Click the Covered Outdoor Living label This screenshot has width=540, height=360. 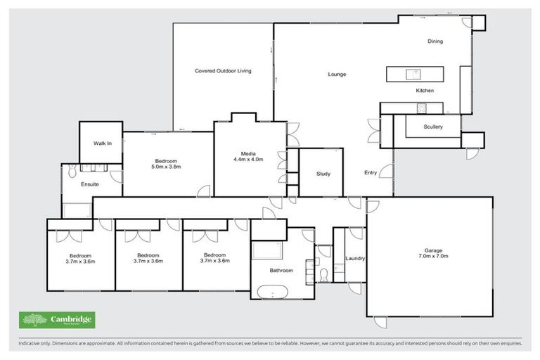[x=223, y=71]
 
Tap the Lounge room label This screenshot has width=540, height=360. [x=336, y=74]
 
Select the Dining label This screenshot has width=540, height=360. [x=435, y=41]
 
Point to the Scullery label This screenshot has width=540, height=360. [x=433, y=127]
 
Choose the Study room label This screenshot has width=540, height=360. [x=323, y=174]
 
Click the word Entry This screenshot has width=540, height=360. [x=371, y=172]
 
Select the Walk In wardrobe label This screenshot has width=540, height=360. [x=103, y=143]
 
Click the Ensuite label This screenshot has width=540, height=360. [x=90, y=184]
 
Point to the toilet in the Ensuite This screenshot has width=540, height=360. [x=72, y=169]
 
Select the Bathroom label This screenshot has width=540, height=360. [x=281, y=270]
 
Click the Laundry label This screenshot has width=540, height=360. [x=355, y=258]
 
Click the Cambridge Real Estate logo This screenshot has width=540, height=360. [x=57, y=320]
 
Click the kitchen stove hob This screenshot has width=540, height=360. [x=422, y=108]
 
